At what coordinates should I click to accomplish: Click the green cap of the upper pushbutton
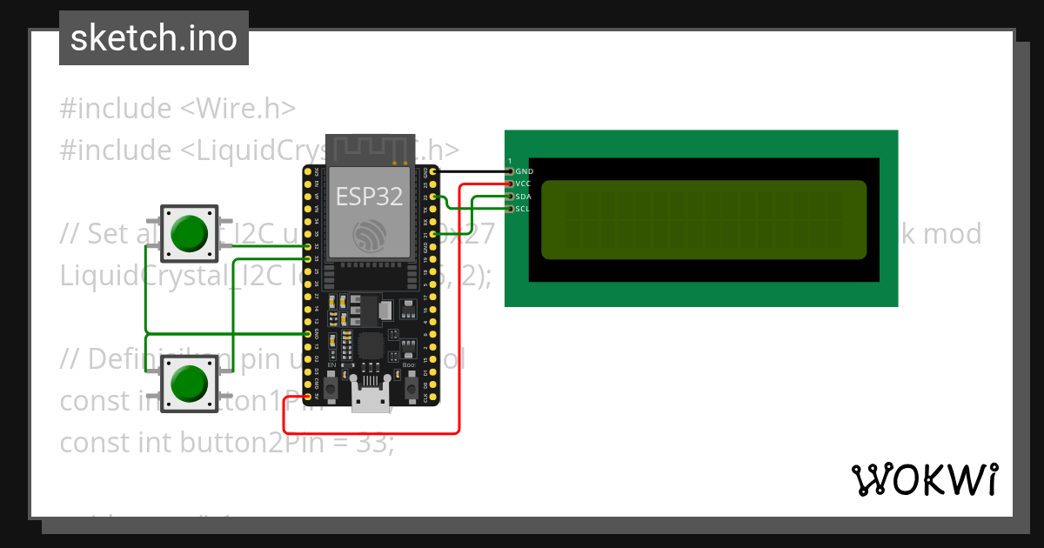(188, 232)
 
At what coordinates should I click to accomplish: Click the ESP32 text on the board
(370, 197)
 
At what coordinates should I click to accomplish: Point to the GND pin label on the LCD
(525, 172)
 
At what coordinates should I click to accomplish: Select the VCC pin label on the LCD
(524, 184)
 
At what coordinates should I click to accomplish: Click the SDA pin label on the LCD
(524, 197)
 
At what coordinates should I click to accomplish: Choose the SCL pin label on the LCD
(523, 209)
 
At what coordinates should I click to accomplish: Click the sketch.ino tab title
(154, 38)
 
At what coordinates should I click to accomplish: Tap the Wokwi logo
(925, 479)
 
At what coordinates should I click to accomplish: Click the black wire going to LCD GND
(470, 172)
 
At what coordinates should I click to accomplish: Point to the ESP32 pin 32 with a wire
(307, 246)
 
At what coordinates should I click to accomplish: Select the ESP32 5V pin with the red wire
(307, 396)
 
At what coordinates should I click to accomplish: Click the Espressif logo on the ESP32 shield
(370, 235)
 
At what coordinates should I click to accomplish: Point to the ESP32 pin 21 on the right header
(432, 234)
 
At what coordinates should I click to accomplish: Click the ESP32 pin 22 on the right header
(432, 197)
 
